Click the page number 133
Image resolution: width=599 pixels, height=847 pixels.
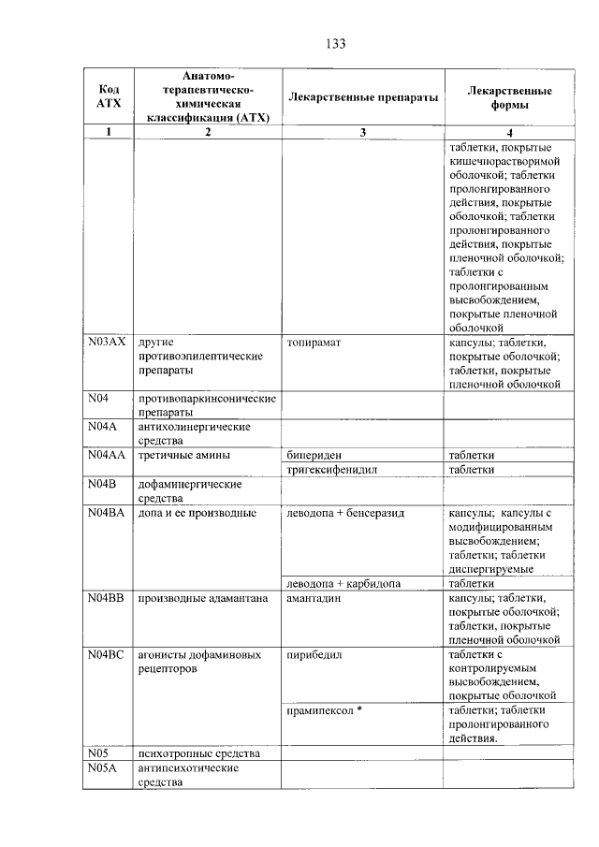tap(337, 43)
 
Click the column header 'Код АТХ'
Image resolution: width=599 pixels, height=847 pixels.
tap(109, 96)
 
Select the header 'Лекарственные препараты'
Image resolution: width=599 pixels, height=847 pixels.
tap(363, 97)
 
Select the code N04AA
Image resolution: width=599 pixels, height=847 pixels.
tap(107, 455)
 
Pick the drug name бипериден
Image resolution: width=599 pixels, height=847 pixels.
tap(316, 455)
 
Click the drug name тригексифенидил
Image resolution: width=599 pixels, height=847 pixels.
tap(332, 470)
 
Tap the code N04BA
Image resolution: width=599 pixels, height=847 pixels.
tap(107, 513)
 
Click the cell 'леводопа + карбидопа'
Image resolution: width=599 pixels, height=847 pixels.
tap(343, 583)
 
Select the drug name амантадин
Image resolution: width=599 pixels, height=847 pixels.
tap(317, 598)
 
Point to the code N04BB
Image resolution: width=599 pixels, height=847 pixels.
tap(107, 598)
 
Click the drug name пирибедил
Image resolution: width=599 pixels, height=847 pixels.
tap(317, 654)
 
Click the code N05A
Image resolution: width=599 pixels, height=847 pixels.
tap(103, 767)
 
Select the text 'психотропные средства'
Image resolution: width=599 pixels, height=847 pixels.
tap(197, 753)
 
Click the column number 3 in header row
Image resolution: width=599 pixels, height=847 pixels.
tap(363, 132)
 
